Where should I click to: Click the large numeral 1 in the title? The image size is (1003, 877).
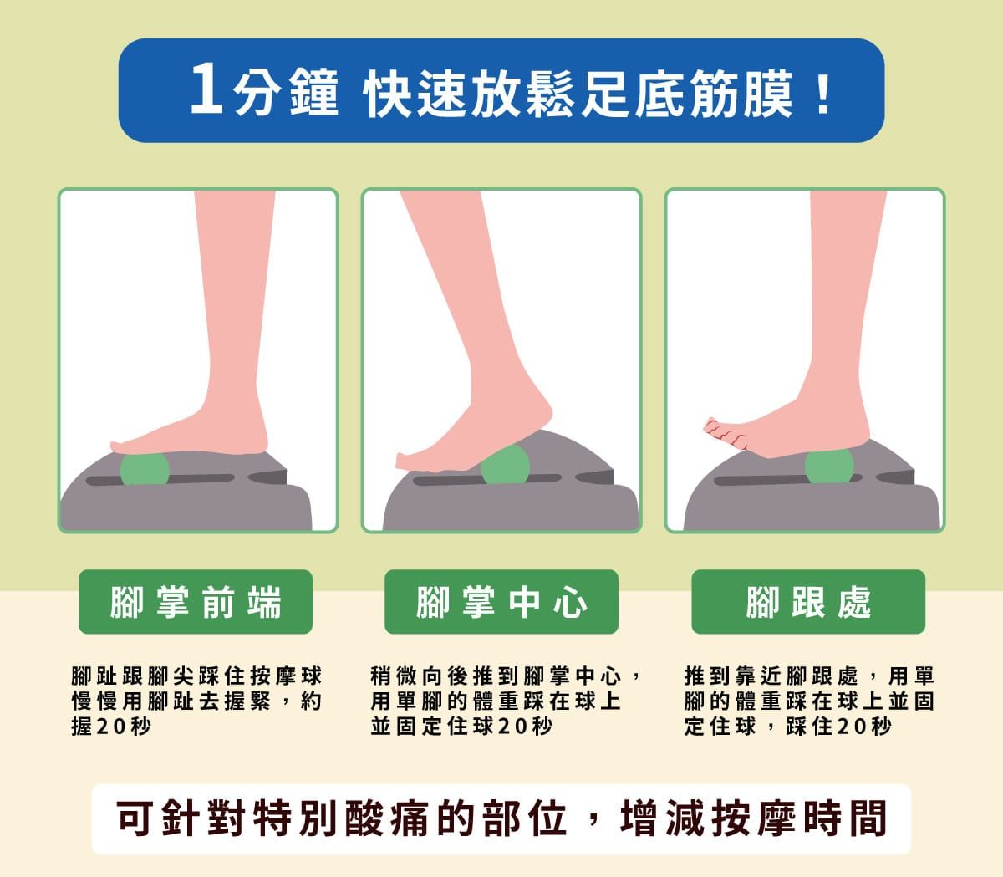coord(206,89)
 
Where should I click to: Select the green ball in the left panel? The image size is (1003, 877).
coord(145,469)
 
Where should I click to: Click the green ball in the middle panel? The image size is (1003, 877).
coord(505,465)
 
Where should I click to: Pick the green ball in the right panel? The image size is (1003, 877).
coord(829,466)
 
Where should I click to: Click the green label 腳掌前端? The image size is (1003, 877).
coord(196,601)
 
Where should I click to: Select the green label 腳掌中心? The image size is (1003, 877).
coord(501,601)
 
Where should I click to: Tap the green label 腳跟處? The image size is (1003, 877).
coord(808,601)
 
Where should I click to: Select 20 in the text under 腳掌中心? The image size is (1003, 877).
coord(512,727)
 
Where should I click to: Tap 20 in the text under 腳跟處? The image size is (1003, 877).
coord(851,727)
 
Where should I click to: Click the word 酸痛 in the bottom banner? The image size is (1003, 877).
coord(389,818)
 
